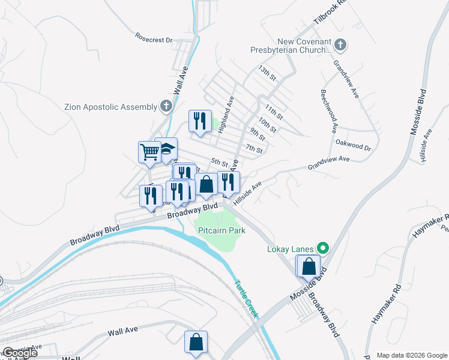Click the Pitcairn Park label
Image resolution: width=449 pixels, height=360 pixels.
(220, 230)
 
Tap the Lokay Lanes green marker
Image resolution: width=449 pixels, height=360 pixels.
(323, 247)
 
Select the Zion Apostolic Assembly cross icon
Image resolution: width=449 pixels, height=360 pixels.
(166, 107)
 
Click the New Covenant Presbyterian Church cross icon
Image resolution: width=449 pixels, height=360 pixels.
(340, 45)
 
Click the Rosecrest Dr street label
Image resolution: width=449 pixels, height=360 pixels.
(154, 40)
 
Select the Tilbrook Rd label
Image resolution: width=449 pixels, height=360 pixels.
(330, 13)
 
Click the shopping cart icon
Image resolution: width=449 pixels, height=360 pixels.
(148, 151)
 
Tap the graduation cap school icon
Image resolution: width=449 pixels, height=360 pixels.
(166, 149)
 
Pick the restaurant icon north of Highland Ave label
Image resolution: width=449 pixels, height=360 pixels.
(199, 120)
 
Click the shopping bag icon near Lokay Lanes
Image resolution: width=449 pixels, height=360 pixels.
(309, 266)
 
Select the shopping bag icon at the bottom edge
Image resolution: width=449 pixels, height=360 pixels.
(196, 342)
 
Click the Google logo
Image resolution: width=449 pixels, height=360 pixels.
(19, 353)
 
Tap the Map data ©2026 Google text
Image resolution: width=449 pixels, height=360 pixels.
(411, 355)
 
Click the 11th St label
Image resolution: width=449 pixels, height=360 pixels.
(273, 112)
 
